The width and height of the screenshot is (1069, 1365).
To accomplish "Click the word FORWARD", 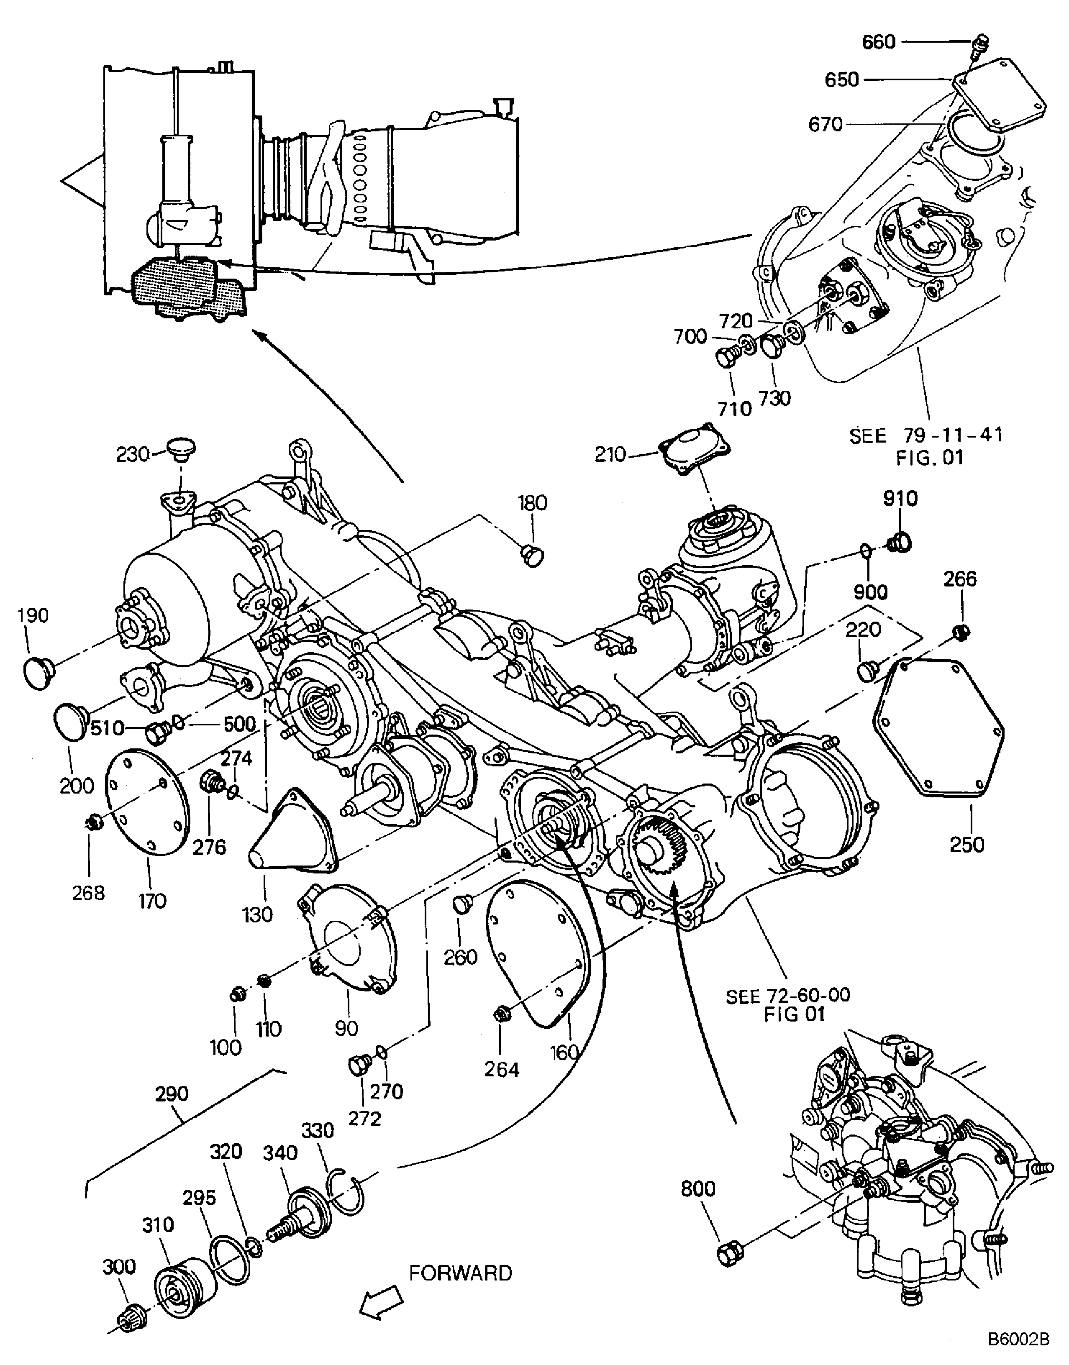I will (x=461, y=1273).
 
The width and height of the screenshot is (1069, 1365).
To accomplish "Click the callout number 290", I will (x=172, y=1094).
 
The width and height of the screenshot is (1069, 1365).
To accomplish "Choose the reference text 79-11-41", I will (x=953, y=435).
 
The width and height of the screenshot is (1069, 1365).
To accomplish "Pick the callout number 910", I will (x=900, y=499).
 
